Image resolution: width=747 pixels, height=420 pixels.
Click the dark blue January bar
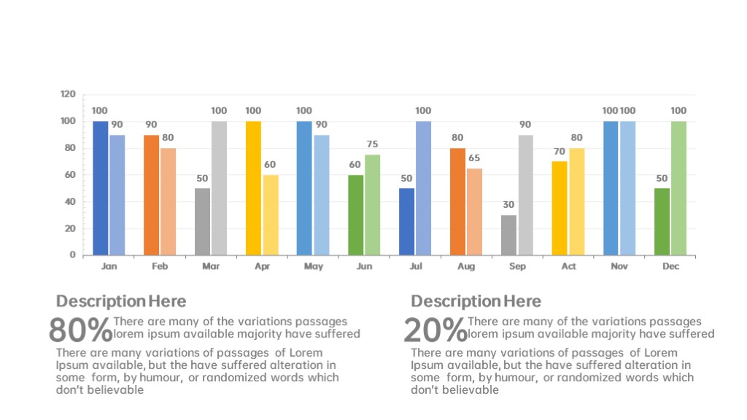100,188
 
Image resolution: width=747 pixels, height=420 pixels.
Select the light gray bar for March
219,188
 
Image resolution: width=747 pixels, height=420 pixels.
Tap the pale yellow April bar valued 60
270,215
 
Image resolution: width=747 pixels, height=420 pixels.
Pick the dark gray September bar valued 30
509,235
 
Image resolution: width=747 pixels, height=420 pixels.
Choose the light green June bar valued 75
372,205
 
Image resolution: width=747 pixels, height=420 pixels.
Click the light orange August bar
474,211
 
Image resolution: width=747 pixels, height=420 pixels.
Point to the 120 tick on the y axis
68,95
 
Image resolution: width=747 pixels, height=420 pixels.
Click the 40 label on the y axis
70,202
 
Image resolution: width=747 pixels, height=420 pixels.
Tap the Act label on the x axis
568,267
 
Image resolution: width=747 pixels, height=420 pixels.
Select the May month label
313,267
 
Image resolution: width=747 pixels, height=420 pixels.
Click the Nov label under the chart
619,267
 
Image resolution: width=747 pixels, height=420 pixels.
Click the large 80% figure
80,330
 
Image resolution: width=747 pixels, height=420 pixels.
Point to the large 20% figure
435,330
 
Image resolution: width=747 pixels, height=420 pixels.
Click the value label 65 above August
474,158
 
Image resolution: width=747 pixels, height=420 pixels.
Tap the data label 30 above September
509,205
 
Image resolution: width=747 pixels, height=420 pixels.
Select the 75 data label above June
372,144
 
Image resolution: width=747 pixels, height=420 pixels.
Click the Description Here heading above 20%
476,302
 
